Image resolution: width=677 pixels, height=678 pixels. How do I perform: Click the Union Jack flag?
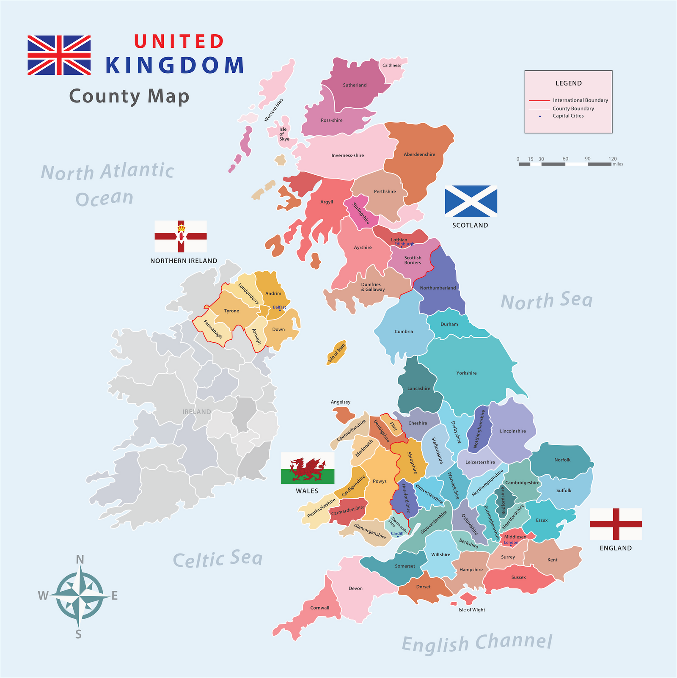click(x=59, y=55)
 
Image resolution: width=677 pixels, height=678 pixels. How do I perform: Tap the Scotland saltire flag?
click(x=471, y=201)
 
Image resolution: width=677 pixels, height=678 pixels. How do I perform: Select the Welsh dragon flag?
click(x=308, y=468)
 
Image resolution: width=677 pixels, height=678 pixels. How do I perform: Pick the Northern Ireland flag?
click(x=181, y=236)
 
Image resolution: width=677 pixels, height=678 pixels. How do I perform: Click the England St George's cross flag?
click(x=616, y=524)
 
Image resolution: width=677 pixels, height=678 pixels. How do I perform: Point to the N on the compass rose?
click(x=80, y=559)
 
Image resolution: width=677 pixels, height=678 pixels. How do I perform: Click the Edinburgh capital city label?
click(x=404, y=244)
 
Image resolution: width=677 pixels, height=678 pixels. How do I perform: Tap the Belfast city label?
click(x=279, y=307)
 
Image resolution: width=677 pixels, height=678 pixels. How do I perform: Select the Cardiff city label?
click(x=397, y=533)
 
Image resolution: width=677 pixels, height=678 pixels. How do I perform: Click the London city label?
click(x=511, y=542)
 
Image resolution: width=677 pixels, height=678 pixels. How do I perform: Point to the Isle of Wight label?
click(x=472, y=609)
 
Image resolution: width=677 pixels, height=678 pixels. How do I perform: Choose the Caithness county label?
click(x=391, y=65)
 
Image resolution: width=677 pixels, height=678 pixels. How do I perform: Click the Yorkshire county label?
click(x=466, y=373)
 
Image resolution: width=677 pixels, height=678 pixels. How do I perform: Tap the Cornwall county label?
click(x=319, y=608)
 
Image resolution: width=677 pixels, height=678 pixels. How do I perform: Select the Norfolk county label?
click(x=562, y=460)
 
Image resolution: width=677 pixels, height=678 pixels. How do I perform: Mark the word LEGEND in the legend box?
click(x=568, y=83)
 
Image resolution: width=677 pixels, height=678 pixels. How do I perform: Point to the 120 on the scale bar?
click(x=612, y=159)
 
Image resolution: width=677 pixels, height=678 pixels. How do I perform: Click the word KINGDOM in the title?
click(x=175, y=66)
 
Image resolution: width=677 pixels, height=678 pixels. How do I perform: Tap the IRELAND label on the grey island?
click(x=196, y=412)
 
